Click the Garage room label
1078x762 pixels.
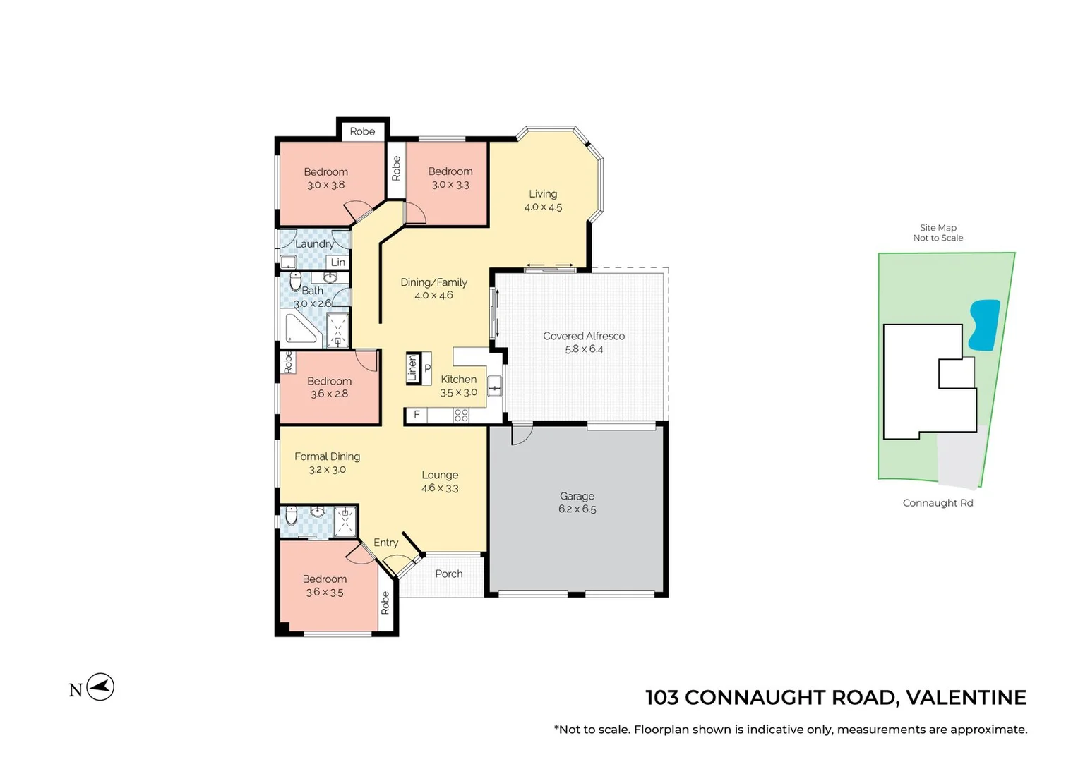(x=577, y=496)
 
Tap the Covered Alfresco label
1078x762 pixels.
(x=584, y=336)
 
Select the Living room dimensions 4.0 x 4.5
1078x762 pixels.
(x=543, y=207)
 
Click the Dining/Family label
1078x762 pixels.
(x=433, y=282)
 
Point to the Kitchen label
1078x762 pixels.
(x=458, y=380)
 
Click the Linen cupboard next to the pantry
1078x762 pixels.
(x=412, y=368)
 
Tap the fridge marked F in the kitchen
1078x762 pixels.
(x=417, y=415)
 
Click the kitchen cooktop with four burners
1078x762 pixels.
(x=461, y=416)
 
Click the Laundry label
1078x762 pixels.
(x=314, y=244)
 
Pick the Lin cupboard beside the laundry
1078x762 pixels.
(x=338, y=262)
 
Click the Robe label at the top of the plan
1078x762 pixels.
(x=362, y=131)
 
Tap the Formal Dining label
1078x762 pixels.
(x=327, y=456)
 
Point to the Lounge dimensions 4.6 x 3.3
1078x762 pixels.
(x=440, y=488)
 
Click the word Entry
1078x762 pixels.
(x=385, y=543)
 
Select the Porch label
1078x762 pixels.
(x=449, y=574)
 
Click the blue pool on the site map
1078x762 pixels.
(x=983, y=325)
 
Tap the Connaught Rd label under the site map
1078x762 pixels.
(x=938, y=503)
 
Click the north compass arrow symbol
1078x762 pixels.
(x=101, y=687)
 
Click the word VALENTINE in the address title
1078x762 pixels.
(x=965, y=698)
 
